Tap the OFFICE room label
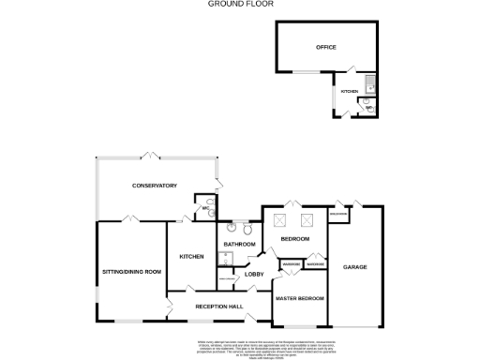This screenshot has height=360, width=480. [x=325, y=47]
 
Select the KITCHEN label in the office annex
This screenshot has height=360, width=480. [x=349, y=91]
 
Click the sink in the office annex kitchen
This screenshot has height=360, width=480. [x=370, y=82]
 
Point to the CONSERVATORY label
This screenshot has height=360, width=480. [x=155, y=186]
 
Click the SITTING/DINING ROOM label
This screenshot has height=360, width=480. [x=131, y=272]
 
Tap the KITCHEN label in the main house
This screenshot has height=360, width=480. [x=191, y=256]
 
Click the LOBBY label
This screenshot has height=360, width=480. [x=254, y=274]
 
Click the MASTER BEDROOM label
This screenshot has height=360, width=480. [x=299, y=298]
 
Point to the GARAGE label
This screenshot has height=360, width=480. [x=354, y=267]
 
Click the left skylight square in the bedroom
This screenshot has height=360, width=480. [x=278, y=220]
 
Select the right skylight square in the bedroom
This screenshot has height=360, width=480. [x=305, y=220]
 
